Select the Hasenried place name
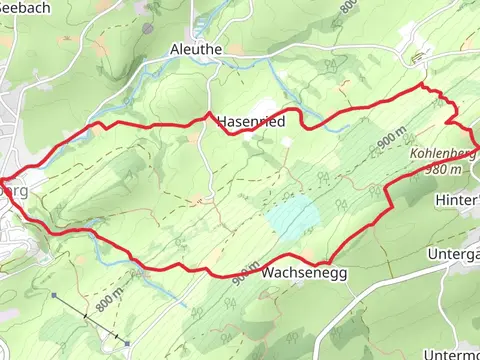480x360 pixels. coord(248,122)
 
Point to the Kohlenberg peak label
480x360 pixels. coord(443,154)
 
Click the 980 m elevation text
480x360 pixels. coord(443,169)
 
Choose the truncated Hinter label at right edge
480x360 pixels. coord(458,200)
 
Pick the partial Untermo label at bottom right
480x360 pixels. coord(451,355)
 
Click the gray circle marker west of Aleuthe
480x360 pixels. coord(147,29)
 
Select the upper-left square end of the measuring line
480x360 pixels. coord(52,296)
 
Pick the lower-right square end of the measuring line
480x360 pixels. coord(128,343)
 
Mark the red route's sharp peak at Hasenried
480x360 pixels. coord(208,114)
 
